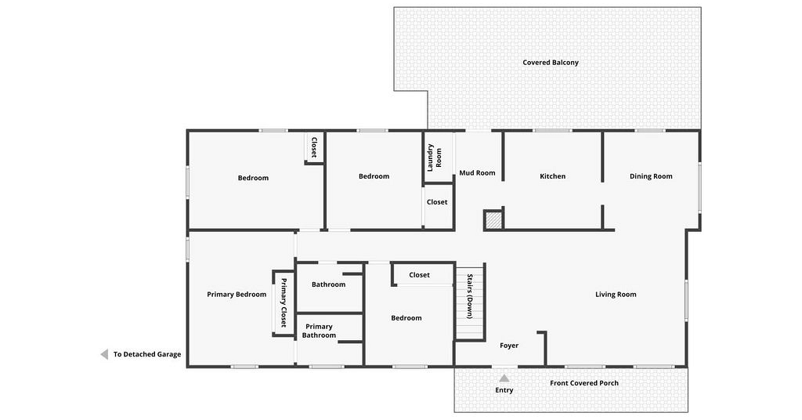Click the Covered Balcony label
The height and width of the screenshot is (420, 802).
(x=551, y=63)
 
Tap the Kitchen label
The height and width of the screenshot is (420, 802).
(x=552, y=176)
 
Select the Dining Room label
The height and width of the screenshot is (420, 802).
(x=651, y=176)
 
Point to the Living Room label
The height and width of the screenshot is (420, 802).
(x=616, y=294)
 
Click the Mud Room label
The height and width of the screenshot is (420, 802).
(x=477, y=173)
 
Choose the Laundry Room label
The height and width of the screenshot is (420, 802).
(x=434, y=157)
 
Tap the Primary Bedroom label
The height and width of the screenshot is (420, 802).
(x=237, y=294)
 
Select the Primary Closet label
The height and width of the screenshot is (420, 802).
(x=284, y=302)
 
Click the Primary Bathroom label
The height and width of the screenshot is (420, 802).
(x=319, y=331)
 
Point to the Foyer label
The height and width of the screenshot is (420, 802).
(x=509, y=346)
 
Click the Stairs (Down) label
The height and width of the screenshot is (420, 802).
(x=470, y=296)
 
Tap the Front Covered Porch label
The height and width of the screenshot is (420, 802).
(x=584, y=382)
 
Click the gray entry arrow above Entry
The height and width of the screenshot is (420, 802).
(x=504, y=378)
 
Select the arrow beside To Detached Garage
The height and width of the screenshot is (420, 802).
(x=104, y=354)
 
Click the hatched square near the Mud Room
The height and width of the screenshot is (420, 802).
(x=493, y=220)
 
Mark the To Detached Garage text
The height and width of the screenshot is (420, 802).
(x=146, y=354)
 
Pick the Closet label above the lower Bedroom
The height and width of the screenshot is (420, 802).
(x=419, y=275)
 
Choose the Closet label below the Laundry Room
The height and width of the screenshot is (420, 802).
(x=437, y=202)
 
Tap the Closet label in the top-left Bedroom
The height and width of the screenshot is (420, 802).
(x=314, y=147)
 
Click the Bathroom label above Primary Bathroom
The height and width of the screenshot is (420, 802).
(x=328, y=284)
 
